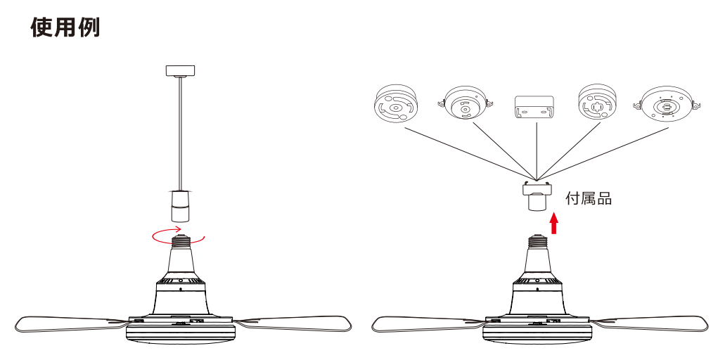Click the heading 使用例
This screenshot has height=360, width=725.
coord(65,27)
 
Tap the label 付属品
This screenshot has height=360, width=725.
coord(589,198)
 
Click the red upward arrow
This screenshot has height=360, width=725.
coord(554,223)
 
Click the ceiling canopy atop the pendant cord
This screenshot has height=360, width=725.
coord(180,71)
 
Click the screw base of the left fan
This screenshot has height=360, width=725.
coord(181,241)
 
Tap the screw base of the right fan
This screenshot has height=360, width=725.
coord(537,241)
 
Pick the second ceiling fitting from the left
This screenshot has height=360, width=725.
coord(465,103)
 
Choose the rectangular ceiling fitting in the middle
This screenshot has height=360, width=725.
coord(534,108)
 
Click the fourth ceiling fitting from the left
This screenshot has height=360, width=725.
coord(597,103)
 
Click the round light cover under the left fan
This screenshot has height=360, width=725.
coord(181,334)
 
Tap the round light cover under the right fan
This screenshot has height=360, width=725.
coord(537,334)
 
